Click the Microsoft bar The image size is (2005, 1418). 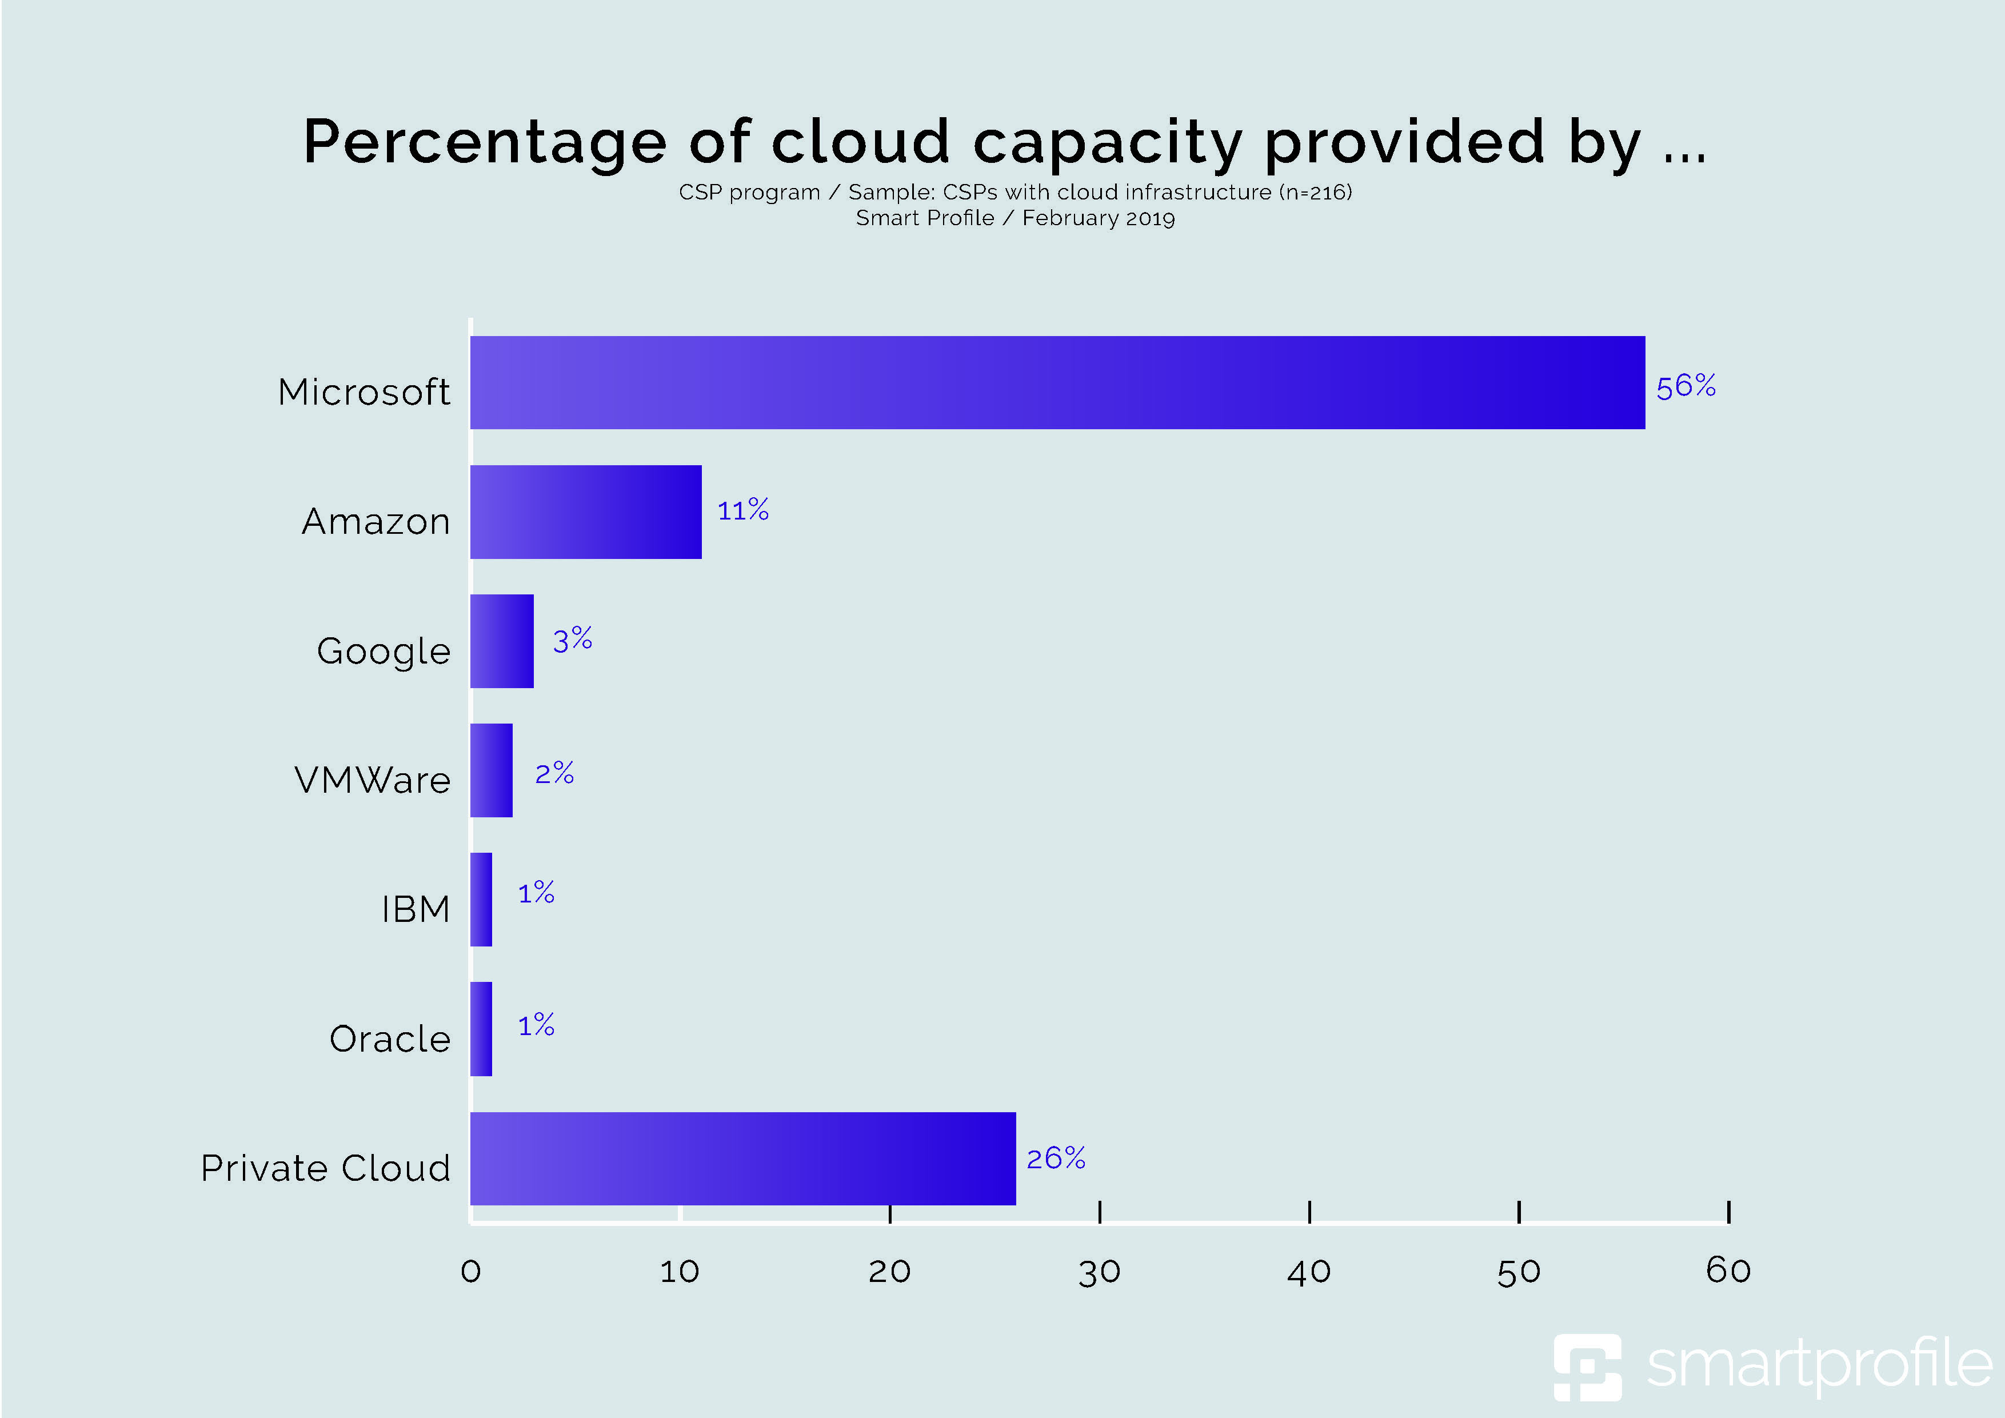[x=1057, y=382]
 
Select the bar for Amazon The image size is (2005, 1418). [x=585, y=512]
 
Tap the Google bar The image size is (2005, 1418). [x=501, y=641]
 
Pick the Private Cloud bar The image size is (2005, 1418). [x=742, y=1158]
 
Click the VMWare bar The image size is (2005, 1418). [x=491, y=770]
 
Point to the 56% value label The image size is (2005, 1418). [x=1686, y=386]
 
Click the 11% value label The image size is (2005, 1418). [x=742, y=510]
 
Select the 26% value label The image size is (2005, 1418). [x=1055, y=1159]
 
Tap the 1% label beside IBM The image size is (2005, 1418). [x=536, y=892]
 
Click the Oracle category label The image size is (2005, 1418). [x=389, y=1039]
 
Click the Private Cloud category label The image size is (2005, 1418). [x=325, y=1168]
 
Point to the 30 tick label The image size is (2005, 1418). [x=1099, y=1272]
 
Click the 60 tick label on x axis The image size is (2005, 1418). [x=1728, y=1271]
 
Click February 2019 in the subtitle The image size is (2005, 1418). [x=1099, y=218]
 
